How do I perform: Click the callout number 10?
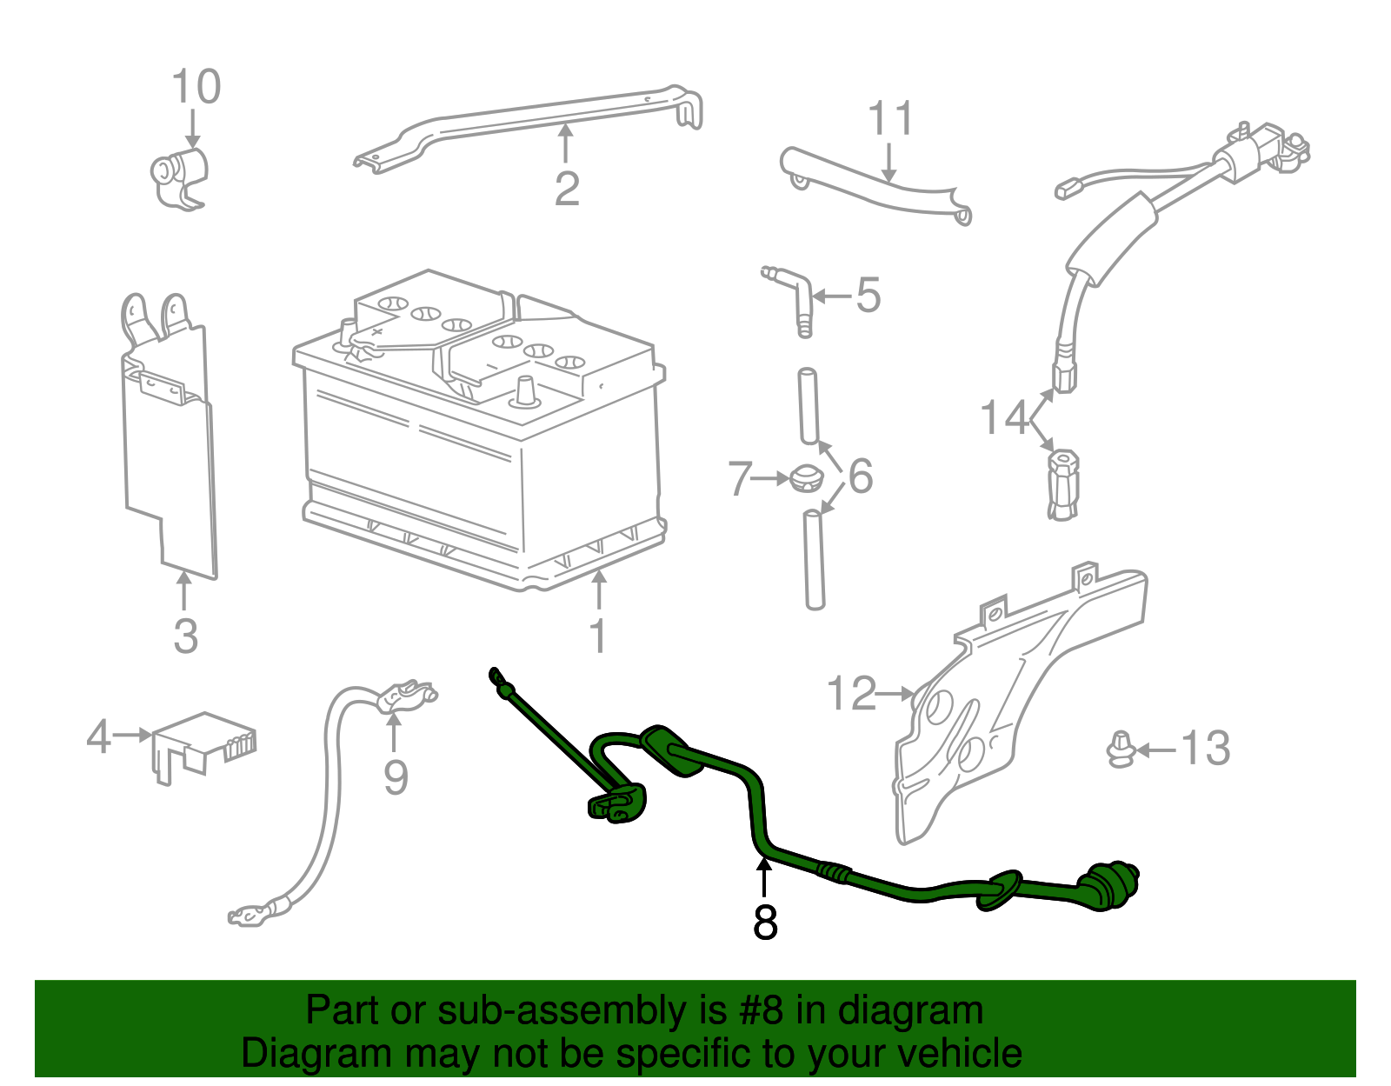196,87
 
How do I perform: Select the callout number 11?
891,119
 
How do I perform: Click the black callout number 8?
765,923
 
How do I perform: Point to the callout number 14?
1004,418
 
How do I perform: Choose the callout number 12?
851,694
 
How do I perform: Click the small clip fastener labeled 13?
1121,750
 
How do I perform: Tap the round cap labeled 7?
809,479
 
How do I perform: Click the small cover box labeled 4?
204,743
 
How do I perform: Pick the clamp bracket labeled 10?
180,178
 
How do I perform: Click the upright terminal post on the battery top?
526,392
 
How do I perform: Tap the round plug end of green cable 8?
1113,886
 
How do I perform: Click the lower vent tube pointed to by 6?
814,561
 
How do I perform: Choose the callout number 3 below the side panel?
185,636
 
